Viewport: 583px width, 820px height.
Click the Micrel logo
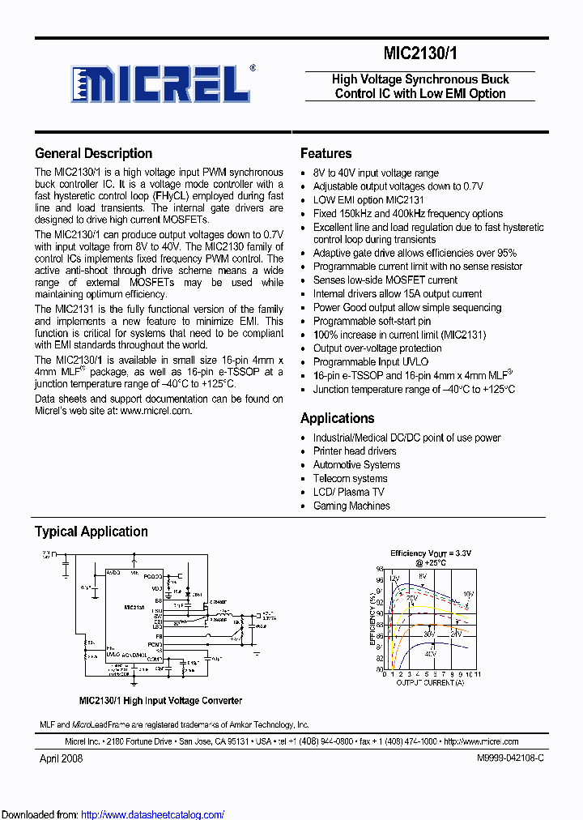pos(161,83)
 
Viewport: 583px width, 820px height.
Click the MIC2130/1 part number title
pos(419,53)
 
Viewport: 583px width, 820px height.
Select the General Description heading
pos(93,154)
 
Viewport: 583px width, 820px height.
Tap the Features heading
pos(326,154)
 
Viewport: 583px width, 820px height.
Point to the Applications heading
pos(337,419)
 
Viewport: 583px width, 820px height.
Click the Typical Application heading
pos(91,532)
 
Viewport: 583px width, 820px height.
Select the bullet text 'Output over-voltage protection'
pos(377,348)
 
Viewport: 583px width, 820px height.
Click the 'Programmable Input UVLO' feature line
pos(371,362)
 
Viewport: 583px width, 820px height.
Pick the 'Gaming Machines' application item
pos(351,506)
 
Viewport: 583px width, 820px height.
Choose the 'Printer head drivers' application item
pos(355,451)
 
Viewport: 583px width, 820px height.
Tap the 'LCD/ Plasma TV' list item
pos(348,493)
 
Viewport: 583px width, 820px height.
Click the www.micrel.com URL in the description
pos(155,411)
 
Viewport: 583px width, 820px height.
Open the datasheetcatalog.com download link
pos(153,814)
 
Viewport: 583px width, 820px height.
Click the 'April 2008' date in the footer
pos(62,758)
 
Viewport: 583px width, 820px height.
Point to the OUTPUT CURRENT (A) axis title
pos(430,683)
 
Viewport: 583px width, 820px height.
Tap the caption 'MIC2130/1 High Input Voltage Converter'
pos(160,701)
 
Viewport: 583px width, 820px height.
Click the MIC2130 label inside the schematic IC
pos(134,607)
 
